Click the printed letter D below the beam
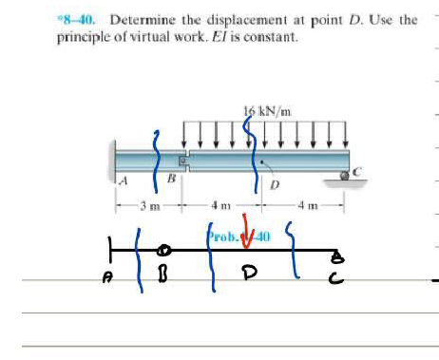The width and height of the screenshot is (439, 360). (275, 184)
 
